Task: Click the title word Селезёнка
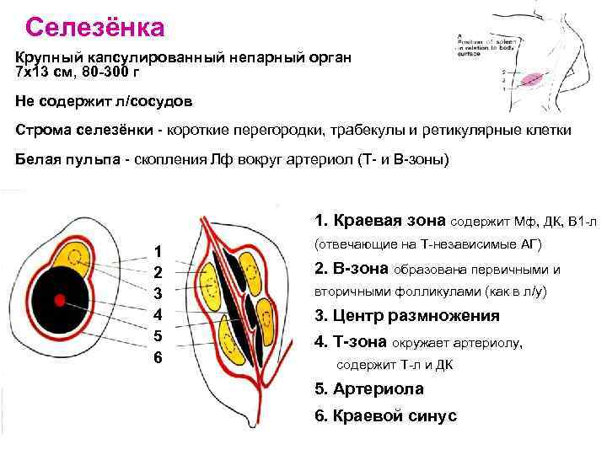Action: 94,27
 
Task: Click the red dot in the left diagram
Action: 60,299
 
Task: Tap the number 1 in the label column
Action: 157,250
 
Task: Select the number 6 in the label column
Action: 158,357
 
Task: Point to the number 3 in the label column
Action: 157,293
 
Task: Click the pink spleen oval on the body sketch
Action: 533,79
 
